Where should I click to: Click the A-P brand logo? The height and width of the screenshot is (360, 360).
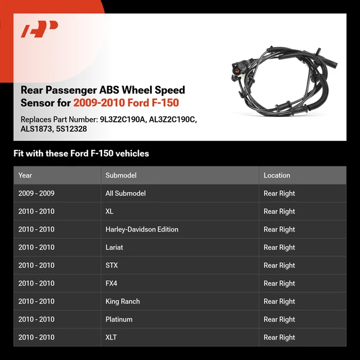tap(39, 29)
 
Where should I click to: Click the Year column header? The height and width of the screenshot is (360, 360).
tap(25, 175)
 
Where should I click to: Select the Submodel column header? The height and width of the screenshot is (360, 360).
tap(121, 175)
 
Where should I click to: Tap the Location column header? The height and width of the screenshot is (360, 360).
tap(277, 175)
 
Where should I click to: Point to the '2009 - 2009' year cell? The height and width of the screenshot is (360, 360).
tap(36, 193)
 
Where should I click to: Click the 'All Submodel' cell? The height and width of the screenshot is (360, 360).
tap(125, 193)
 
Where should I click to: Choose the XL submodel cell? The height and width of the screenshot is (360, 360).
tap(109, 211)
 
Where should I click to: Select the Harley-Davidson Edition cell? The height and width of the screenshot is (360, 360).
tap(142, 229)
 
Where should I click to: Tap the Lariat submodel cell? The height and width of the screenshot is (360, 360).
tap(114, 247)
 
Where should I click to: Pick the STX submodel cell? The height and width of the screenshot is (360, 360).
tap(111, 265)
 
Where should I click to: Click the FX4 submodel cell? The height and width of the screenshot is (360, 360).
tap(111, 283)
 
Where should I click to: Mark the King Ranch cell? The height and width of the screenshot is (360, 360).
tap(122, 301)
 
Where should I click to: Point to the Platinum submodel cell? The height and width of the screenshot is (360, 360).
tap(119, 319)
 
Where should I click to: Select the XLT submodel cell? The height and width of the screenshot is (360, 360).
tap(111, 337)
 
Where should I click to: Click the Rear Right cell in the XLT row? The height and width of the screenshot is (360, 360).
tap(279, 337)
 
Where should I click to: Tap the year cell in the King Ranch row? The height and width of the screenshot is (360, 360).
tap(36, 301)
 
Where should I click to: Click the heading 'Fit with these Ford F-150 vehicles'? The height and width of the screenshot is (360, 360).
tap(81, 154)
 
